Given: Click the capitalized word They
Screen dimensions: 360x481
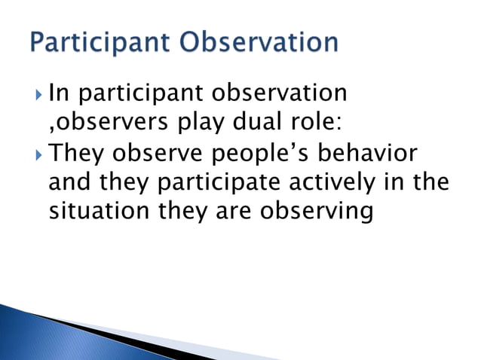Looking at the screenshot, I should click(x=80, y=154).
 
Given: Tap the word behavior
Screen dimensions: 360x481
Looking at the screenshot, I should click(x=377, y=153).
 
